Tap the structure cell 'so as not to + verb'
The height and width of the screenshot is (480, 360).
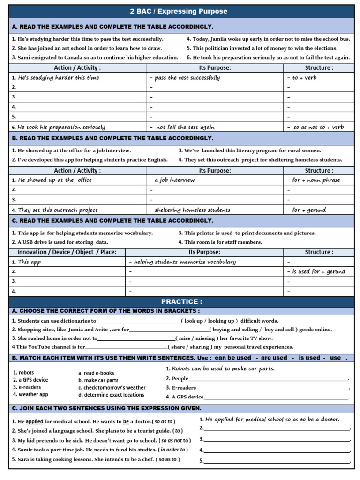[x=318, y=127]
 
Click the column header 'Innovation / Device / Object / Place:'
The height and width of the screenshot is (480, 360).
[x=67, y=252]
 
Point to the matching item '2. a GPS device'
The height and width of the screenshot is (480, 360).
[x=30, y=380]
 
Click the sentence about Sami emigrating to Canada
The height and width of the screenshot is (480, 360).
[x=95, y=58]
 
